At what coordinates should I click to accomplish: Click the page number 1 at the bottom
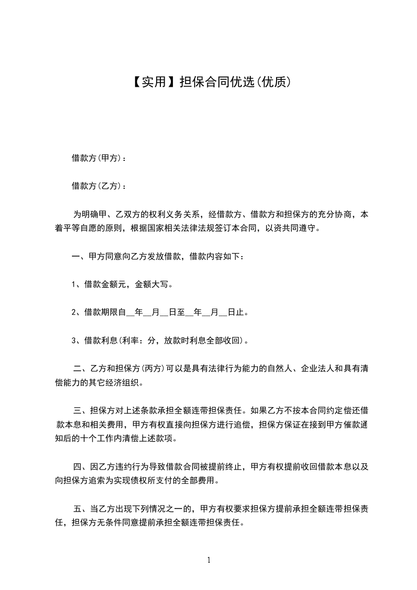[209, 560]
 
